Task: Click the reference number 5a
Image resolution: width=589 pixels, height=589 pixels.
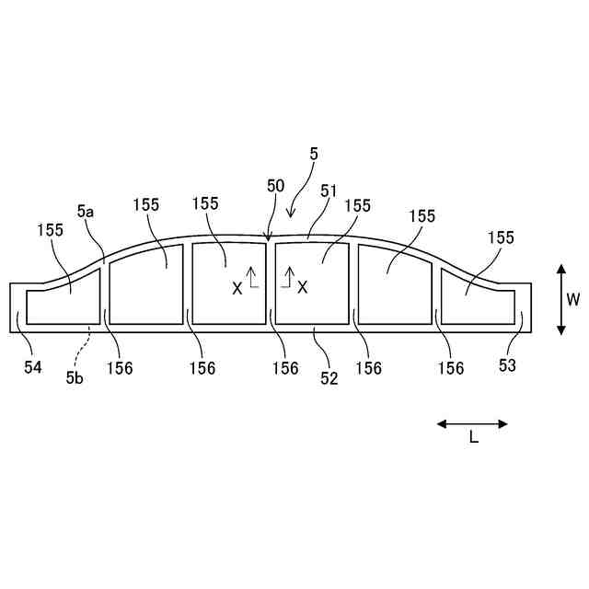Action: (x=86, y=211)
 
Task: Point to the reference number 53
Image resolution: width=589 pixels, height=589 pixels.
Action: (x=508, y=366)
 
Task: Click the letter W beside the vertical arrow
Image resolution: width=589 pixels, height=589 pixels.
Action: (x=573, y=299)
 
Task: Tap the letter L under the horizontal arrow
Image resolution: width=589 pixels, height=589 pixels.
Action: (x=473, y=438)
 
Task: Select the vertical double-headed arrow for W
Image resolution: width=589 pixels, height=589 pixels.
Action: (x=560, y=299)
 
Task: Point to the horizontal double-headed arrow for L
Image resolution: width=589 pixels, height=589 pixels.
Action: (x=472, y=423)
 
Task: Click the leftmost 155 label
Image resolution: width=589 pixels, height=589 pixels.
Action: (x=52, y=229)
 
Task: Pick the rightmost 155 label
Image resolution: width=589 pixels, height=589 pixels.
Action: (x=501, y=237)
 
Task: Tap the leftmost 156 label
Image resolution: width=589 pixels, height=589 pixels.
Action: (x=119, y=368)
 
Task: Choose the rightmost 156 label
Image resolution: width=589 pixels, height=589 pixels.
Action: (x=450, y=368)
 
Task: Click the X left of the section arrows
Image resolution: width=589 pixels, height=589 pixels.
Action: (x=237, y=288)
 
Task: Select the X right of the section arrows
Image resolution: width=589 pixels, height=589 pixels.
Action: (x=302, y=288)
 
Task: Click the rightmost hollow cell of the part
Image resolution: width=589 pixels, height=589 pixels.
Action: (x=479, y=299)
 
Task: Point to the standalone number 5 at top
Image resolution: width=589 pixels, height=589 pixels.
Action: (x=314, y=155)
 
